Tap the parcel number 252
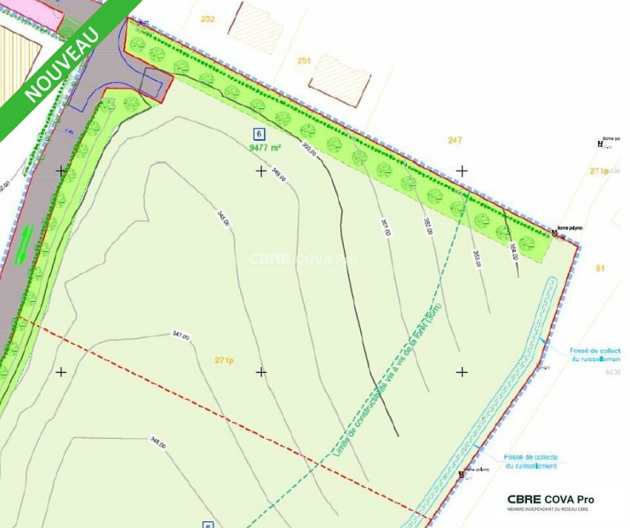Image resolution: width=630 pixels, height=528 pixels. pos(208,19)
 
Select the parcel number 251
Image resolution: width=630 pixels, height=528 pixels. pos(303,60)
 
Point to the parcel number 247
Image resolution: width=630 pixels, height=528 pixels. pos(455,139)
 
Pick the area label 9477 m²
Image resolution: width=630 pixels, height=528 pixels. pos(265,148)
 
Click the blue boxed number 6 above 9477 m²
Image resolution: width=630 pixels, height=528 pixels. pos(259,134)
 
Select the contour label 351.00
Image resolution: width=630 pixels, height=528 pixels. pos(385,226)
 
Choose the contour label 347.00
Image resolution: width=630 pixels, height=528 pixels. pos(181,335)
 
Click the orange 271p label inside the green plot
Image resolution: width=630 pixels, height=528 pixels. pos(225,361)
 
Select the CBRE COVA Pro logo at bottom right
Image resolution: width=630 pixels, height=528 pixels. pos(550,501)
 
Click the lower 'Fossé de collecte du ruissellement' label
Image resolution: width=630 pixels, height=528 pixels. pos(531,461)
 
